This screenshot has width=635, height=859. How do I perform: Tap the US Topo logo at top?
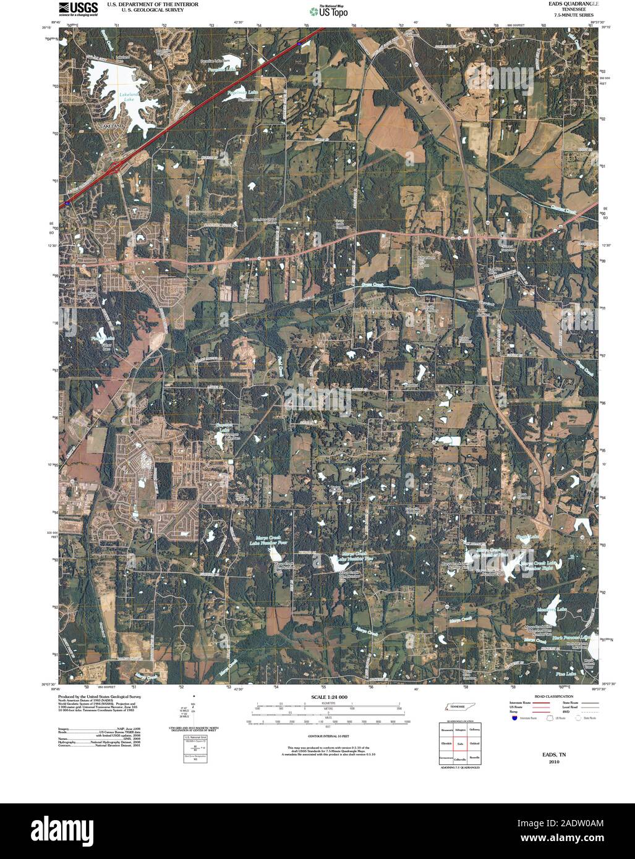pos(329,11)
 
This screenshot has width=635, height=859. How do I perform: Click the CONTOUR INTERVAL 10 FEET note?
pos(329,737)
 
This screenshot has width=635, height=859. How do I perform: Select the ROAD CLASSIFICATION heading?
pos(539,696)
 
